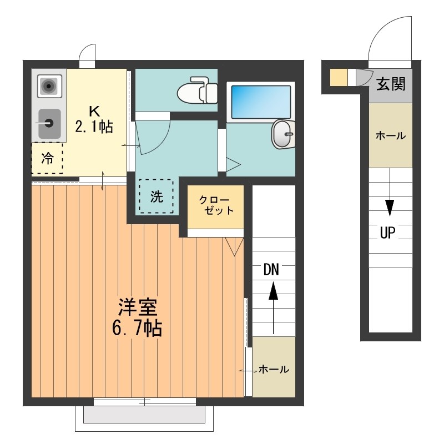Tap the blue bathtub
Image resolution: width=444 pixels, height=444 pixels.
click(261, 101)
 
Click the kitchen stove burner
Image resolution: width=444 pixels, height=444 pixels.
click(49, 86)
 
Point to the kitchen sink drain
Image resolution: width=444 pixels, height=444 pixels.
click(49, 122)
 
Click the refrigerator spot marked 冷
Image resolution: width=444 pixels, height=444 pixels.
click(47, 158)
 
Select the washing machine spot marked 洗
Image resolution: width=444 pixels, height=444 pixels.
click(157, 196)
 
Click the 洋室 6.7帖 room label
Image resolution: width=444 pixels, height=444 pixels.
click(138, 318)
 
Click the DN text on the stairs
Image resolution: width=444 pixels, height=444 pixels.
click(271, 270)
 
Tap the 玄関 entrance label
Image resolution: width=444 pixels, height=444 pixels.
click(391, 84)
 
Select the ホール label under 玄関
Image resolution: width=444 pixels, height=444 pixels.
click(391, 135)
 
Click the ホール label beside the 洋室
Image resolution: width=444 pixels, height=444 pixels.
click(273, 370)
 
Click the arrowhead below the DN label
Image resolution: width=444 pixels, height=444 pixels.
click(273, 291)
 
